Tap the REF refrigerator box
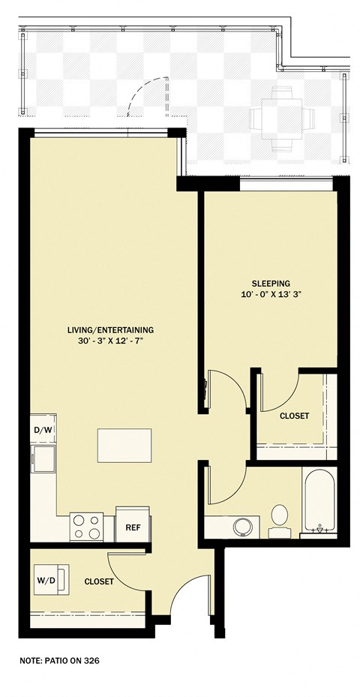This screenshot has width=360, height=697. [x=133, y=524]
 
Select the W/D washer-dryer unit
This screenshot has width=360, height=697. [x=51, y=580]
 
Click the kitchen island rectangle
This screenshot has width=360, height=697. [x=124, y=446]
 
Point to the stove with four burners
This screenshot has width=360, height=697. [x=87, y=527]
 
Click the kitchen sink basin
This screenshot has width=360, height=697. [x=43, y=458]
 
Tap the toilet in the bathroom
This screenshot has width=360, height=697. [x=279, y=521]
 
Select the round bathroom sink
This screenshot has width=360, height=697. [x=243, y=527]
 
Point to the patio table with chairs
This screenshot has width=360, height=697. [x=282, y=118]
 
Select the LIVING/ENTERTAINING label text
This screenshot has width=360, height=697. [x=110, y=330]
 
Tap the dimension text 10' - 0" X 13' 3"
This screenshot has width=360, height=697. [x=271, y=294]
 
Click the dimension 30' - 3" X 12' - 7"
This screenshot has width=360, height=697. [x=110, y=341]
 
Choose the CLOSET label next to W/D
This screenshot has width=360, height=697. [x=99, y=581]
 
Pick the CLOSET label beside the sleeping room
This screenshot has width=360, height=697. [x=294, y=416]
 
